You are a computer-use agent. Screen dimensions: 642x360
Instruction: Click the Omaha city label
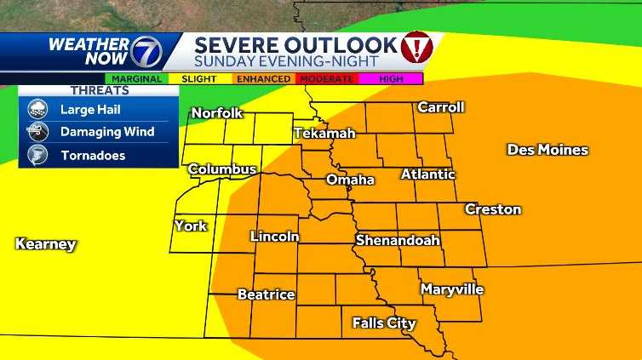coord(350,180)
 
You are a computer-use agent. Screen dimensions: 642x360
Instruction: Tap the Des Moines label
coord(547,150)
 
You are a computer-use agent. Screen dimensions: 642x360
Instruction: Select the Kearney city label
coord(46,244)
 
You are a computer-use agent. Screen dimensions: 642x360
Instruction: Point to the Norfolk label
coord(217,113)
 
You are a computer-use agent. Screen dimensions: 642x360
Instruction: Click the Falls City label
coord(384,323)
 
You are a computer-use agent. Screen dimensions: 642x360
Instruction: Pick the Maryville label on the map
coord(452,289)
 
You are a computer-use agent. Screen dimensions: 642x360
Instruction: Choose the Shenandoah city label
coord(398,240)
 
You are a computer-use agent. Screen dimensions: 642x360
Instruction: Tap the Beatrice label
coord(266,294)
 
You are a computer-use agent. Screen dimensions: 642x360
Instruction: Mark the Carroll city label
coord(440,107)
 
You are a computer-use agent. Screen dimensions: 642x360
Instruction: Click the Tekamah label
coord(324,134)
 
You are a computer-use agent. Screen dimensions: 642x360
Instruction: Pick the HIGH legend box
coord(390,78)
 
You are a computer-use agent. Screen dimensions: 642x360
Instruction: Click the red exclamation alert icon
coord(416,44)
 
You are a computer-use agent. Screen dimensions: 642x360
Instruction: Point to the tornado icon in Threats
coord(38,156)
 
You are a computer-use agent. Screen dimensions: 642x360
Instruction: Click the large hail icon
coord(38,109)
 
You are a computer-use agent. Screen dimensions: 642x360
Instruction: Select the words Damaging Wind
coord(107,132)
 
